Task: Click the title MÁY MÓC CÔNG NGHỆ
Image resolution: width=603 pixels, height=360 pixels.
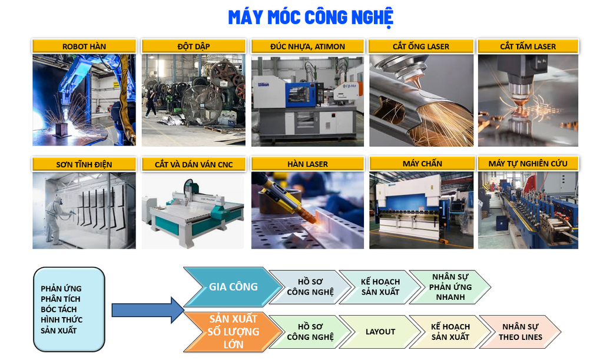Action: (311, 18)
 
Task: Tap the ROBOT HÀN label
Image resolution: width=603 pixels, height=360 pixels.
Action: (84, 47)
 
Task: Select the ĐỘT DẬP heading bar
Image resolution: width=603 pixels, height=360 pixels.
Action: (193, 47)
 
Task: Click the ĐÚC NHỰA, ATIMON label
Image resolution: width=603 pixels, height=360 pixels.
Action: (307, 47)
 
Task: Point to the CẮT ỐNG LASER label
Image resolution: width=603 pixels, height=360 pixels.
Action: (421, 47)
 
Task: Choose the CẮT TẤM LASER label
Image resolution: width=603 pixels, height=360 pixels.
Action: (528, 47)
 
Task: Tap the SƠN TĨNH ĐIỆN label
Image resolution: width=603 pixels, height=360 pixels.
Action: (84, 164)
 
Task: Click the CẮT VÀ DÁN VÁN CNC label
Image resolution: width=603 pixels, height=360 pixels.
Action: (193, 164)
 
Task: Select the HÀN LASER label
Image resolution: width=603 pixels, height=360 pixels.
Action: (307, 164)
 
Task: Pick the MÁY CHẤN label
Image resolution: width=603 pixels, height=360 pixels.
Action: (422, 164)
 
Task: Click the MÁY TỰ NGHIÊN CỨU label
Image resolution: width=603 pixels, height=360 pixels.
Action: (528, 164)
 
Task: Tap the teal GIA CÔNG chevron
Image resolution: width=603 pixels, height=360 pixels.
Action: (233, 287)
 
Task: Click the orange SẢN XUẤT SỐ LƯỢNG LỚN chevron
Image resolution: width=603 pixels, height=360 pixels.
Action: (233, 332)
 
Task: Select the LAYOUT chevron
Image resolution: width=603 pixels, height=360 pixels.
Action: (380, 332)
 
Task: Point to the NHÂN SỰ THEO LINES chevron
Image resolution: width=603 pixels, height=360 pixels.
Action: (521, 332)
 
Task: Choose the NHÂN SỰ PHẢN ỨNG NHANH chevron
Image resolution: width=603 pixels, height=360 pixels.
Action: (450, 287)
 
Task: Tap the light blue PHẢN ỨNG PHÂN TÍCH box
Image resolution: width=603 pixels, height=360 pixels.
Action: (69, 309)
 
